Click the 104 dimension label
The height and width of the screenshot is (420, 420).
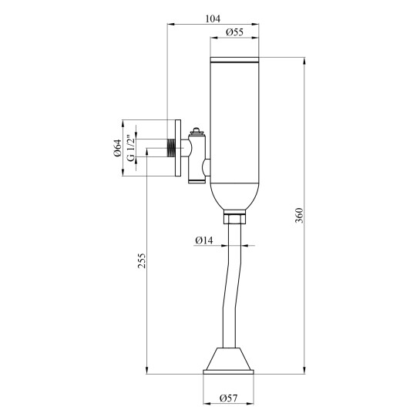[x=213, y=18]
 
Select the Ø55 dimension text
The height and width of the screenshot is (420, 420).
[x=234, y=32]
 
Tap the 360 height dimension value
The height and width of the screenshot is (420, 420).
[x=299, y=215]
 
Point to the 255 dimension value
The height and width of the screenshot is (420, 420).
[x=142, y=260]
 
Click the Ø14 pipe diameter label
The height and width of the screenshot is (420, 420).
[x=204, y=240]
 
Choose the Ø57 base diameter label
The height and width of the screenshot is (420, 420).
[x=228, y=398]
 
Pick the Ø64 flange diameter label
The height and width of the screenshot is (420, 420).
[x=118, y=148]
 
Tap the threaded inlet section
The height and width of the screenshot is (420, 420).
[x=170, y=148]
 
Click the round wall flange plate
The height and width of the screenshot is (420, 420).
[x=178, y=148]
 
